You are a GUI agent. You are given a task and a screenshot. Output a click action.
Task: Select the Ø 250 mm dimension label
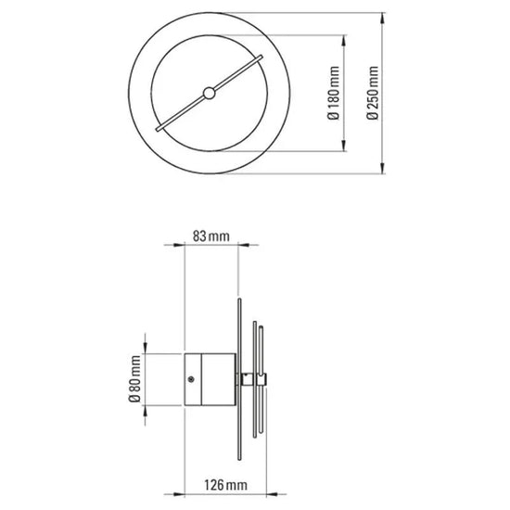coord(373,93)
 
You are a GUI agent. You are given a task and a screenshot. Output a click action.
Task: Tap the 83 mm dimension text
coord(210,236)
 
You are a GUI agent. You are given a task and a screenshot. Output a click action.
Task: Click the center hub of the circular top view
coord(209,92)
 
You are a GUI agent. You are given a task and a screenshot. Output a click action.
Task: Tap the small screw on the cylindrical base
coord(191,379)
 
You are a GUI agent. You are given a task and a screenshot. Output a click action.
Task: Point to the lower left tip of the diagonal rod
coord(159,127)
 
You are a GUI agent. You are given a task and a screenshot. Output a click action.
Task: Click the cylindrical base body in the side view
coord(209,379)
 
